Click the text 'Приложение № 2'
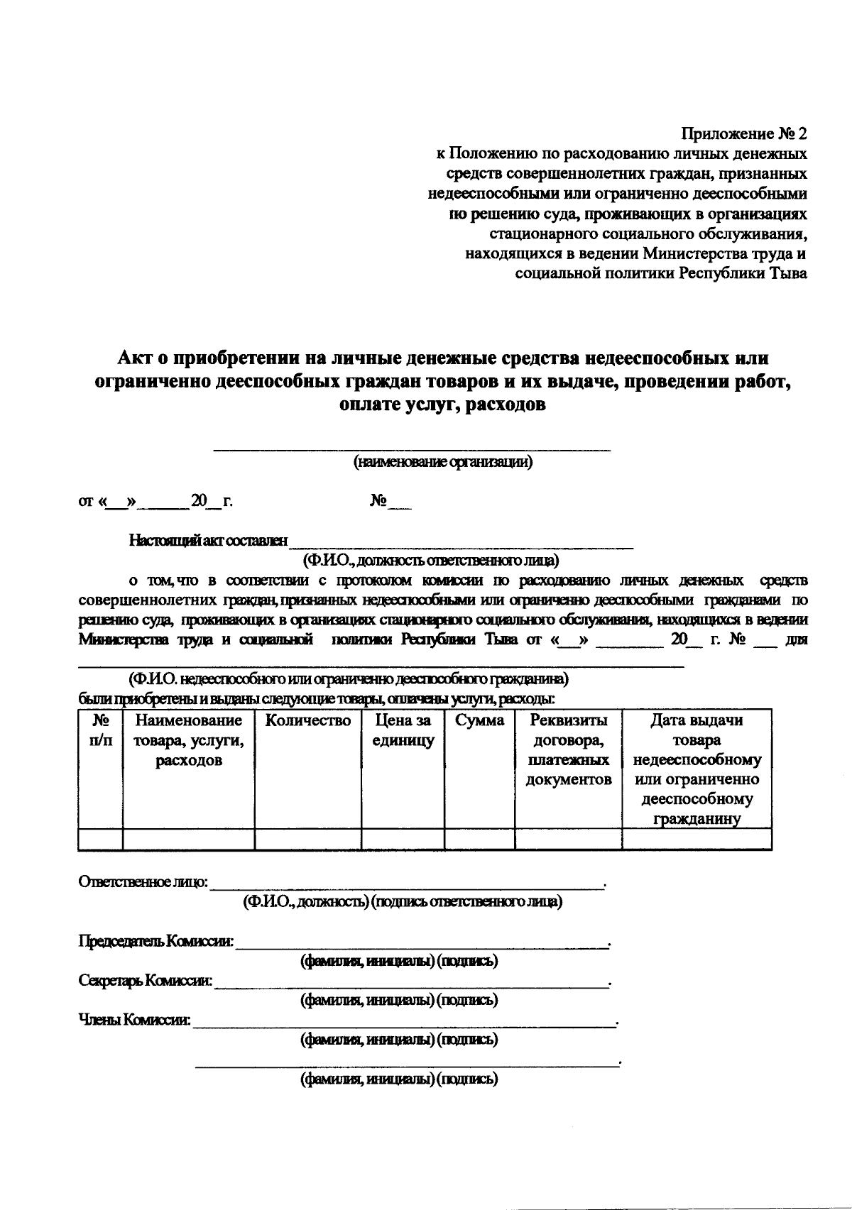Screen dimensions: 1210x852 744,133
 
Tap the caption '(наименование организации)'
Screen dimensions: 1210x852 443,462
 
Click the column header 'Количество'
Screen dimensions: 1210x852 308,721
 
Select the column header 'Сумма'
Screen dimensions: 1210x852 480,721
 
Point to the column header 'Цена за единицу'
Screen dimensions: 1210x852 403,731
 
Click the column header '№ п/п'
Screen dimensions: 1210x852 100,731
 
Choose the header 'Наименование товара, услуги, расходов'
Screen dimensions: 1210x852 189,741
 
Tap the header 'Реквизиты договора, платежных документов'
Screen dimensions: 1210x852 569,750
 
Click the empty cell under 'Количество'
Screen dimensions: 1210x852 308,839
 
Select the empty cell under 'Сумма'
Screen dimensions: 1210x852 480,839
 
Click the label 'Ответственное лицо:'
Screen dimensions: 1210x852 143,882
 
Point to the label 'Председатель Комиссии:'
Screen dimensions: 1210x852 155,942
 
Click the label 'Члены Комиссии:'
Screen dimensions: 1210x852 134,1021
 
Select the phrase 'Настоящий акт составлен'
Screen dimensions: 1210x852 208,541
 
